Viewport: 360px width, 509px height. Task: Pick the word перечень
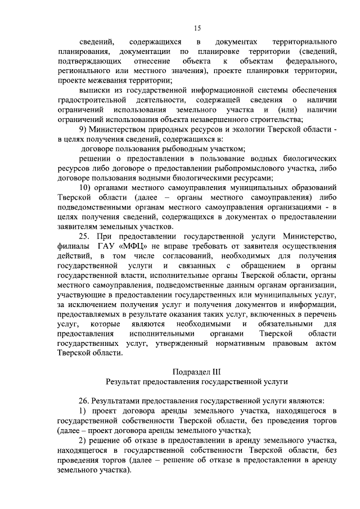click(x=320, y=314)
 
